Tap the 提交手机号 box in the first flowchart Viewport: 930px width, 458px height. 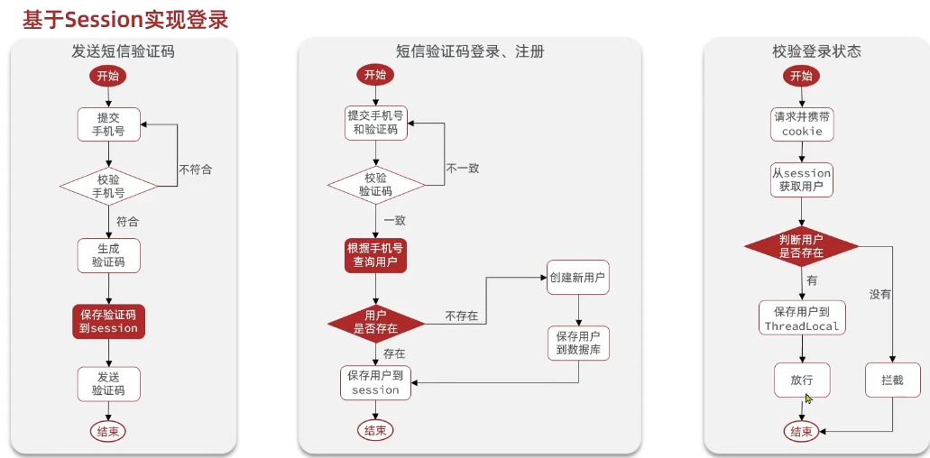(108, 124)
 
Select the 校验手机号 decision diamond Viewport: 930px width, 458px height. (108, 186)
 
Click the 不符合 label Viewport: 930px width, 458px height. (196, 169)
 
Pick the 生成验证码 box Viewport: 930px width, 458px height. (108, 254)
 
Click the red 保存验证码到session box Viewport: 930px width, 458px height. (108, 321)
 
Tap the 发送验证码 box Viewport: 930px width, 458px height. (108, 383)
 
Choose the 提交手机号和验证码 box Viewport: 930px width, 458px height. (375, 123)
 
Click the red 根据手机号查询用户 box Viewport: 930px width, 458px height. (375, 255)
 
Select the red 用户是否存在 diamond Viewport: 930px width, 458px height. (375, 323)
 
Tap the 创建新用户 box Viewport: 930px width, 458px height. (577, 278)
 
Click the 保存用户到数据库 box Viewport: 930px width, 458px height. (577, 343)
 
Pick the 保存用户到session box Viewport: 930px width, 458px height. (375, 382)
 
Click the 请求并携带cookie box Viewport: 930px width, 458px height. (802, 124)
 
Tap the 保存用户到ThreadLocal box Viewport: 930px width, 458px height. (802, 318)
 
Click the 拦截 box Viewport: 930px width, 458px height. (891, 380)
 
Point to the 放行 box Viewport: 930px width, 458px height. (802, 380)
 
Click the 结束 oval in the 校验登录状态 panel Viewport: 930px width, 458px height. (802, 431)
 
